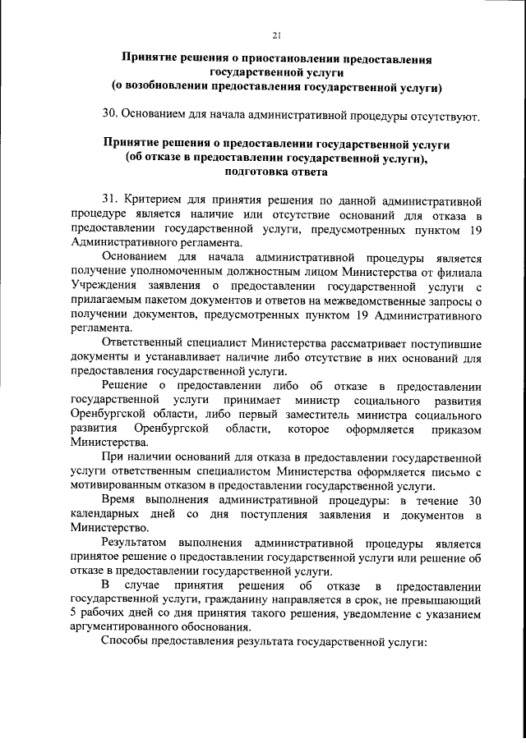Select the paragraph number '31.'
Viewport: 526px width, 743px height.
[x=113, y=200]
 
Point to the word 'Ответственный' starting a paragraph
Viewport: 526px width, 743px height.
[x=144, y=343]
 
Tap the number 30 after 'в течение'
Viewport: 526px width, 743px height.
[x=473, y=501]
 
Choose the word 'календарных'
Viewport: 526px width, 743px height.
[x=106, y=515]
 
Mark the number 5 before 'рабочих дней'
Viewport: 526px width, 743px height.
[x=75, y=615]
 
